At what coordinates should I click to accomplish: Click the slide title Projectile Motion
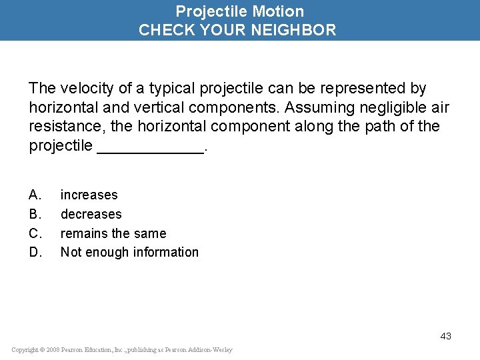(x=239, y=11)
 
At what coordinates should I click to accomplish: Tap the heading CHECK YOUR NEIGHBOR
(x=237, y=30)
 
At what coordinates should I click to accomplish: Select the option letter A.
(x=35, y=195)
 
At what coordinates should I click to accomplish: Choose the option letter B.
(x=35, y=214)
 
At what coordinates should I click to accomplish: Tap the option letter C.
(x=35, y=233)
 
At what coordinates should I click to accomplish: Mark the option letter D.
(x=35, y=252)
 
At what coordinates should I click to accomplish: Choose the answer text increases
(x=89, y=195)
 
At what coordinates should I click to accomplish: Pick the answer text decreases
(x=91, y=214)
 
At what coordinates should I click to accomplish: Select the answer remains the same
(x=113, y=233)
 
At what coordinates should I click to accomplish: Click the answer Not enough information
(x=129, y=252)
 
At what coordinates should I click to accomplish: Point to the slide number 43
(x=445, y=336)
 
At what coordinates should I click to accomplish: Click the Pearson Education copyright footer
(x=122, y=350)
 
